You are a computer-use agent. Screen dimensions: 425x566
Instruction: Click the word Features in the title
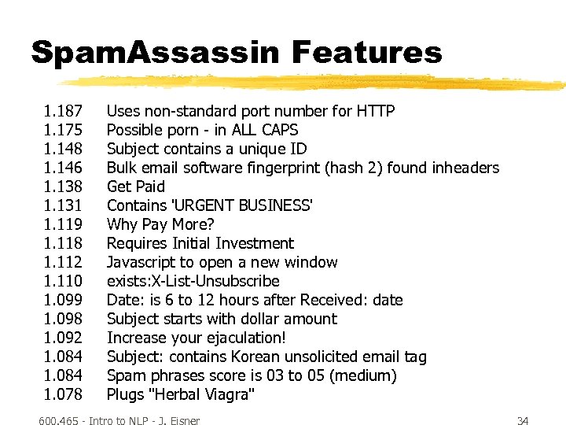[x=367, y=54]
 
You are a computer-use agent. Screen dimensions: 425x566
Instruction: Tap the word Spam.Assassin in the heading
[x=155, y=54]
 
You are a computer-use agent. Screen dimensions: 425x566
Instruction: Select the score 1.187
[x=64, y=111]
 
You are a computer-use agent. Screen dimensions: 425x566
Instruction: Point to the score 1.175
[x=64, y=130]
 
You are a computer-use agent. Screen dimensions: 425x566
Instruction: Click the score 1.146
[x=64, y=168]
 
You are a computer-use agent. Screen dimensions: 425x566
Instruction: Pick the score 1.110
[x=64, y=281]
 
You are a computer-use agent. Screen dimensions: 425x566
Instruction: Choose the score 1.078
[x=64, y=394]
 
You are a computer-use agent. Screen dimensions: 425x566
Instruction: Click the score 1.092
[x=64, y=338]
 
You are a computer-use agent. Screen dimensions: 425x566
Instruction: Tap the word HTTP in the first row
[x=376, y=111]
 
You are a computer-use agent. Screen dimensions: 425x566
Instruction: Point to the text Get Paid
[x=136, y=187]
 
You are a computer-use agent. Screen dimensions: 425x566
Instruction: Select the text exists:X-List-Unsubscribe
[x=193, y=281]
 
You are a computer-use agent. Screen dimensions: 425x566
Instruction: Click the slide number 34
[x=523, y=421]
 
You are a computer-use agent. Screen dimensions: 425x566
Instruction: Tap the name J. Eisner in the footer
[x=179, y=421]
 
